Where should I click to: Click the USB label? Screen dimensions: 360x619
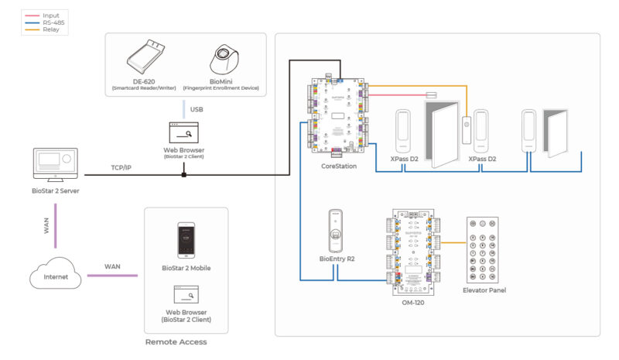click(197, 110)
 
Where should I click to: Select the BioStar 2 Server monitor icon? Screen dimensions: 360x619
click(55, 165)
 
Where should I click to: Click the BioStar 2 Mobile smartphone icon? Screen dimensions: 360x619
click(186, 240)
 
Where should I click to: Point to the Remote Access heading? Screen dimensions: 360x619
click(176, 341)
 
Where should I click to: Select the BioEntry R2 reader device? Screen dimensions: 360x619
click(337, 230)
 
